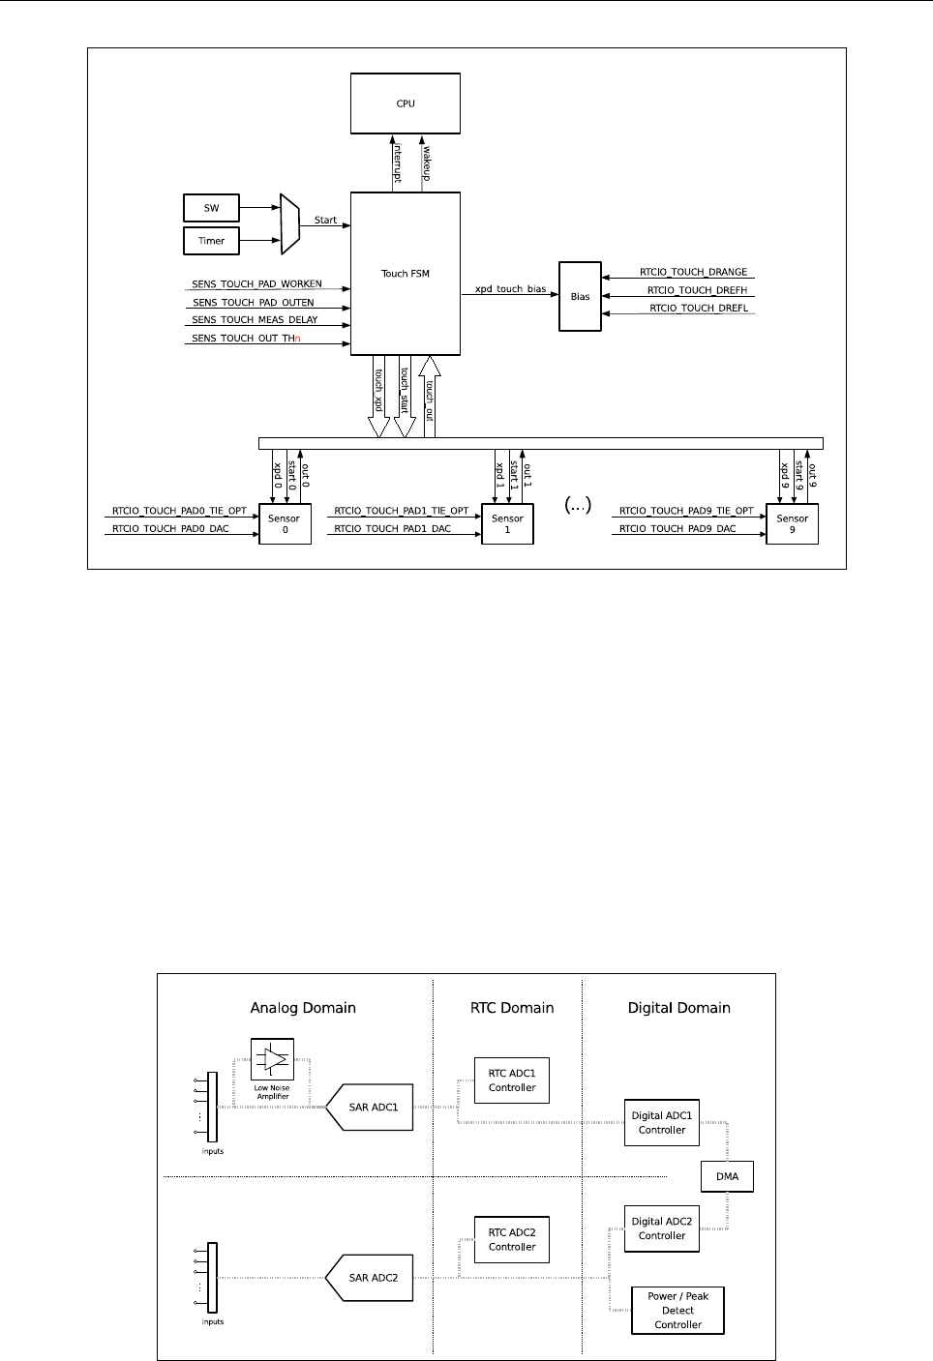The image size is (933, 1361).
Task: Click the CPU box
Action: coord(406,104)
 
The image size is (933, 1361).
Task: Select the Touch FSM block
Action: coord(406,274)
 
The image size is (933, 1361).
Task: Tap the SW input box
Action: coord(211,208)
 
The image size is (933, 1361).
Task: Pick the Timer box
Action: coord(211,241)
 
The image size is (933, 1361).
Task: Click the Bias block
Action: coord(580,297)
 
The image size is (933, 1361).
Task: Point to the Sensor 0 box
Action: coord(285,523)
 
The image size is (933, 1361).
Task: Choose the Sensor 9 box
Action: coord(792,523)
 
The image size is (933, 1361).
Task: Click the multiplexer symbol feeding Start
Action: coord(289,223)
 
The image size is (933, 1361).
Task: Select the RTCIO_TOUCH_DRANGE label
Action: coord(693,273)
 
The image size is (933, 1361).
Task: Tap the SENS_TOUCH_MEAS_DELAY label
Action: coord(255,320)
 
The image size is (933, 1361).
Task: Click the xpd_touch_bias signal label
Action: coord(510,289)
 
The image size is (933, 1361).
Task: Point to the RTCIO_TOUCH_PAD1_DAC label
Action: coord(392,529)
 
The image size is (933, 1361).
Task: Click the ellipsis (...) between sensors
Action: coord(577,505)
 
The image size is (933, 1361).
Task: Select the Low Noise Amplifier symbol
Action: coord(273,1060)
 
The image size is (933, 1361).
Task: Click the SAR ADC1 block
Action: coord(372,1108)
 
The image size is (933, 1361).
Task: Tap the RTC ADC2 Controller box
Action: coord(512,1239)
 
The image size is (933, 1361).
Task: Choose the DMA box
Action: coord(727,1176)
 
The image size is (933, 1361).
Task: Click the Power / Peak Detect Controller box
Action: coord(677,1311)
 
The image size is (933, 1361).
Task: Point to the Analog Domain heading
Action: coord(303,1008)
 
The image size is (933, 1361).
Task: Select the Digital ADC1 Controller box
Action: coord(662,1122)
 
